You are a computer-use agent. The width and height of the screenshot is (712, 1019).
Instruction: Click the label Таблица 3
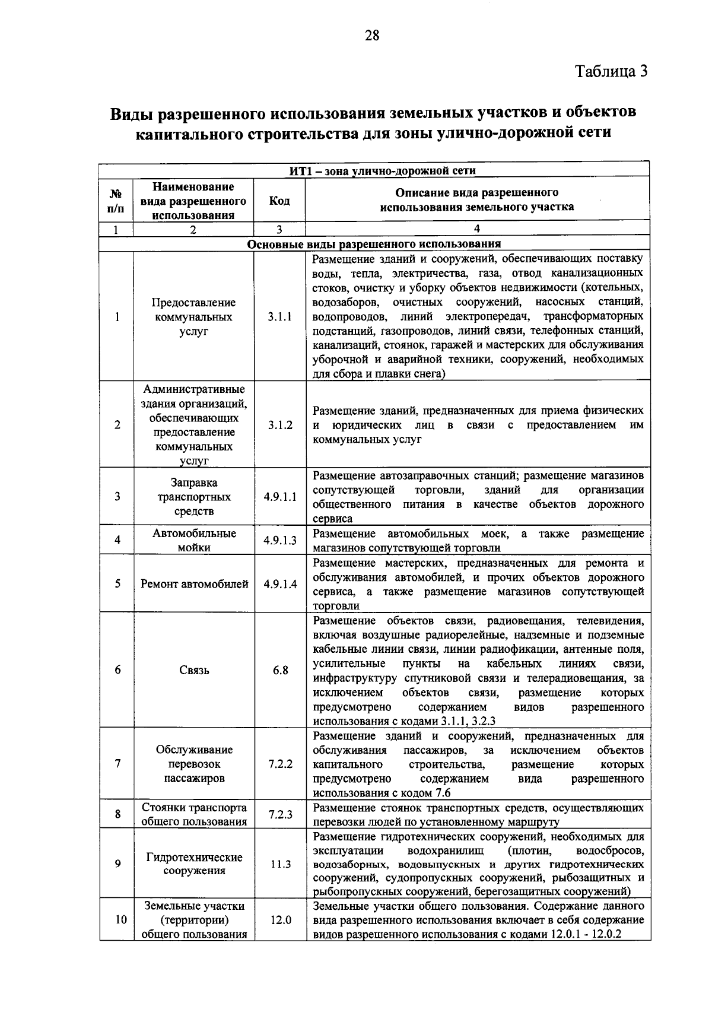click(611, 71)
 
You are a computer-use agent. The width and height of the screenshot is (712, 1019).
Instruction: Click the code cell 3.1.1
click(279, 317)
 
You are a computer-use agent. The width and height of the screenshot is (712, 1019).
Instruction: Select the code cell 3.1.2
click(279, 425)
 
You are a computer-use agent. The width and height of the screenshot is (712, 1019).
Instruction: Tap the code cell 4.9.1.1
click(279, 497)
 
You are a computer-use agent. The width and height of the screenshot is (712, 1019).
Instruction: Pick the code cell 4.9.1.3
click(279, 540)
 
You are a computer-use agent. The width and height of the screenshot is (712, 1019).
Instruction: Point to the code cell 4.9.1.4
click(279, 584)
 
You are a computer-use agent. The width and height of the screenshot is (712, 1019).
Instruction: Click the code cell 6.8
click(280, 670)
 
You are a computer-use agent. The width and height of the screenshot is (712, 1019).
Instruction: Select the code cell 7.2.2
click(280, 764)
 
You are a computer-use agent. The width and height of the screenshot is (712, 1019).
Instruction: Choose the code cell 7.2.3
click(280, 815)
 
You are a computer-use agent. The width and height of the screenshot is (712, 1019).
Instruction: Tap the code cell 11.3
click(280, 864)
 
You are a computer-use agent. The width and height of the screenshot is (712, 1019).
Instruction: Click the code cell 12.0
click(280, 920)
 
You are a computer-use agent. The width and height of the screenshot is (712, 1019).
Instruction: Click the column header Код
click(279, 201)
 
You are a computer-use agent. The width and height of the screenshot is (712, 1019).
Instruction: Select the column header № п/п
click(117, 201)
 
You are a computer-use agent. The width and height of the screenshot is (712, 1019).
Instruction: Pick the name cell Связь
click(194, 670)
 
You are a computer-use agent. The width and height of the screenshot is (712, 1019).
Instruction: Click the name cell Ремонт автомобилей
click(194, 584)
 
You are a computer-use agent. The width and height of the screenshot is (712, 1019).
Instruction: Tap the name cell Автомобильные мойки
click(194, 540)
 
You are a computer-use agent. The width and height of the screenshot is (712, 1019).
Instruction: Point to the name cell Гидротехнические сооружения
click(194, 864)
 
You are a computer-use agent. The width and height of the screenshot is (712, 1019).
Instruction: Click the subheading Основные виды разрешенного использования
click(374, 244)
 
